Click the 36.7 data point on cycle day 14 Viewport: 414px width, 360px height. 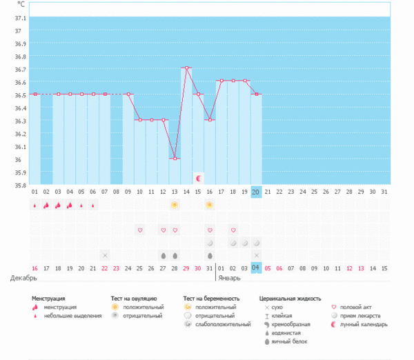point(186,68)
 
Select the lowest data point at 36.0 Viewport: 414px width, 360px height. point(175,159)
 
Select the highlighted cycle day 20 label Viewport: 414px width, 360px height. point(256,192)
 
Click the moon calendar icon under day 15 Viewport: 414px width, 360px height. point(198,178)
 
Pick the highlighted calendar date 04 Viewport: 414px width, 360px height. point(256,268)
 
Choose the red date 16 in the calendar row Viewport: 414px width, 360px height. point(34,268)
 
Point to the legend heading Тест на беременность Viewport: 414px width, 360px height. point(211,299)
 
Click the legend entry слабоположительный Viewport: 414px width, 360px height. point(222,323)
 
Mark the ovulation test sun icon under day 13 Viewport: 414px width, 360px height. point(175,205)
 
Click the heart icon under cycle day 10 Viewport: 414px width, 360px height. point(139,230)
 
